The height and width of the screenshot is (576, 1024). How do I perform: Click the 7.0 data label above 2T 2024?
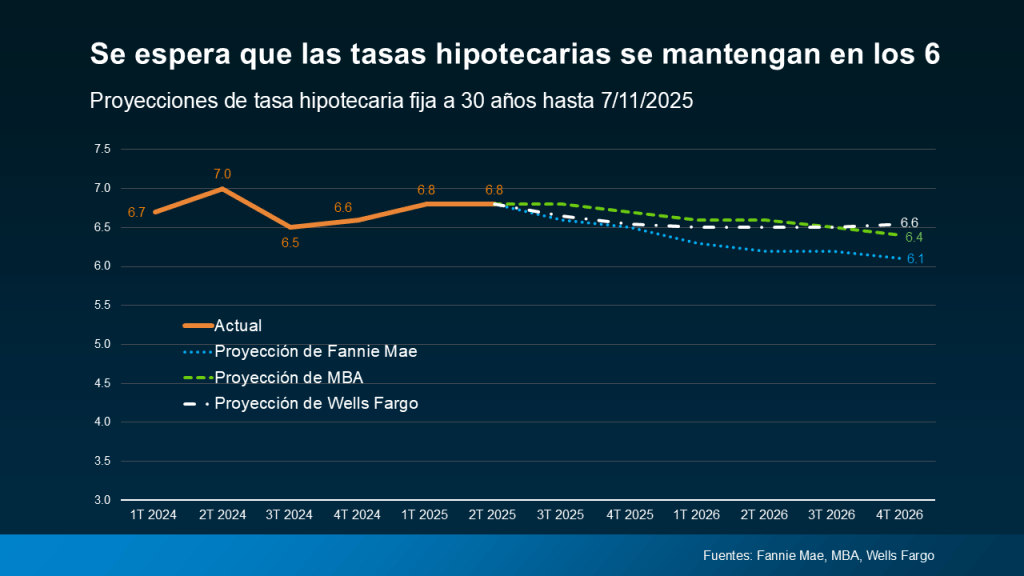point(222,174)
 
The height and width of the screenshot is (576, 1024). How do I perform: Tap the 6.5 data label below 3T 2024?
point(290,242)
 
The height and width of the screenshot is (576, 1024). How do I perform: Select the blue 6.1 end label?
point(914,259)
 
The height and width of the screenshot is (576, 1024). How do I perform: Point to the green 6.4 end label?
point(914,238)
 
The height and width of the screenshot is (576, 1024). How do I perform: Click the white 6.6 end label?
point(909,222)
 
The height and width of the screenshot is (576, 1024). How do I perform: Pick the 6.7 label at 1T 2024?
point(137,212)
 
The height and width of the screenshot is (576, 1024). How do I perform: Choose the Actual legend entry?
point(238,325)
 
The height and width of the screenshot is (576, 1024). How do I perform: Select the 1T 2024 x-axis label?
point(153,514)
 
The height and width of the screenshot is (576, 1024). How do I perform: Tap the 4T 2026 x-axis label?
point(898,514)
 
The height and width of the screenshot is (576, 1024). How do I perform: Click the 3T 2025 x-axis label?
point(560,514)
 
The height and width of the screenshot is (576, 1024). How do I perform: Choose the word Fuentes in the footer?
point(727,556)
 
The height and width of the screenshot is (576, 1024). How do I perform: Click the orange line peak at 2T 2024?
point(222,188)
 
